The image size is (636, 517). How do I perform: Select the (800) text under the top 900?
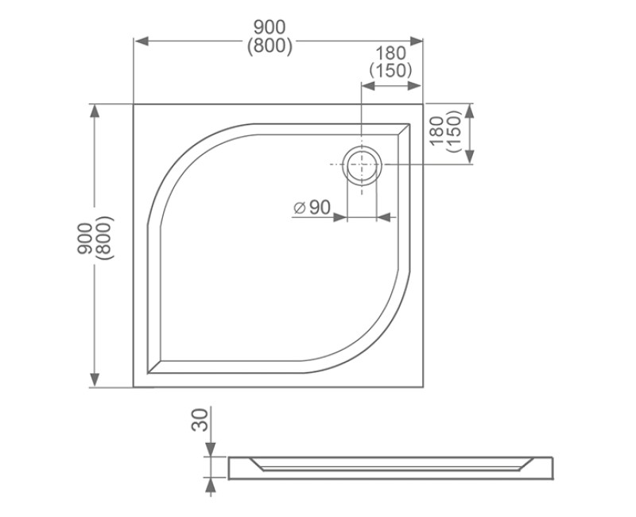270,47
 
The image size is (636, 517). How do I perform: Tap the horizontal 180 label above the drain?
390,53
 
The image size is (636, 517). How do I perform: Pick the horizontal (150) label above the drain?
390,70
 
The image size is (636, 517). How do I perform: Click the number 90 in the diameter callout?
320,208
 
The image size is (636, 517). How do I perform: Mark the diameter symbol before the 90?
300,208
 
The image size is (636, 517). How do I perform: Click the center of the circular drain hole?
363,164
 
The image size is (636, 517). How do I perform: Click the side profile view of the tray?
390,468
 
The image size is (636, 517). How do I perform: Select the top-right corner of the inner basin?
409,124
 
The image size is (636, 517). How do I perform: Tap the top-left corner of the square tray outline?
134,104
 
